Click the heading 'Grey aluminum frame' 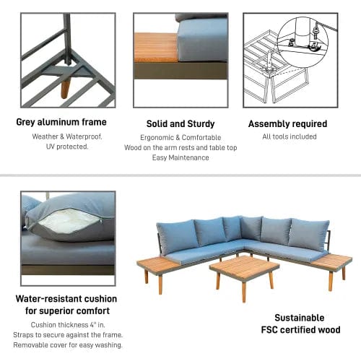tap(61, 122)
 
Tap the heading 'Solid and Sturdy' tap(180, 124)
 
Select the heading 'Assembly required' tap(287, 124)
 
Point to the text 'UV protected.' tap(61, 146)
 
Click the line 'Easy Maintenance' tap(180, 157)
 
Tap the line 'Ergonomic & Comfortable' tap(180, 136)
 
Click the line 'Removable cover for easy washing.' tap(67, 344)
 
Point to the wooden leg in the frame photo tap(66, 87)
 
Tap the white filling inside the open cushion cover tap(66, 220)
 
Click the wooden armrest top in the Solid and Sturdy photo tap(155, 48)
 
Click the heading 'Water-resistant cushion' tap(67, 298)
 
